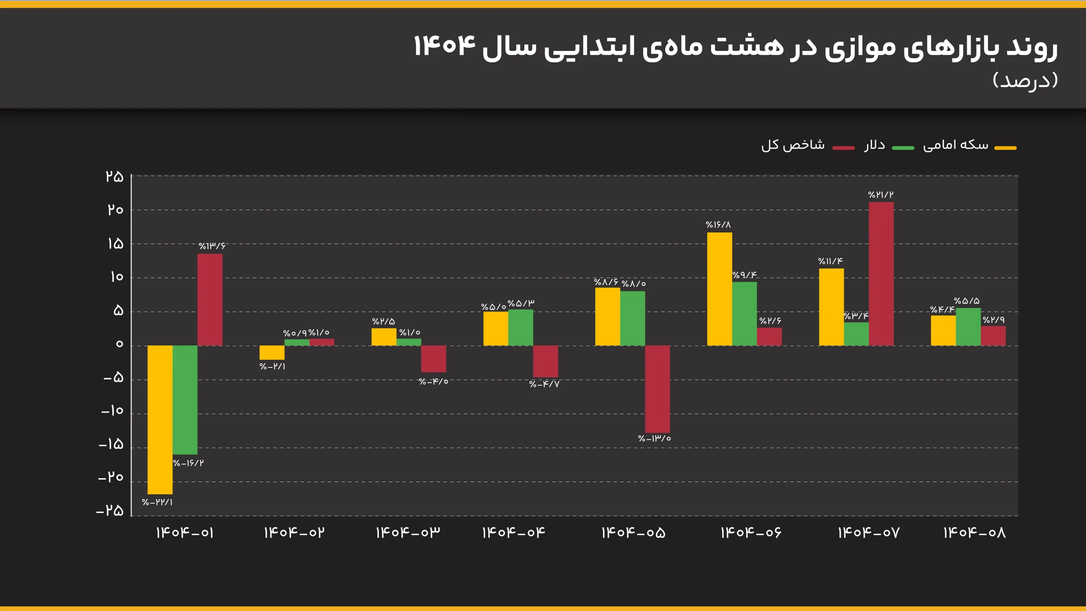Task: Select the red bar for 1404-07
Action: tap(881, 274)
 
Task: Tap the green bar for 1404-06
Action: tap(745, 314)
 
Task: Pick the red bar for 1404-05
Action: tap(658, 389)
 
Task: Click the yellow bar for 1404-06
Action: tap(719, 289)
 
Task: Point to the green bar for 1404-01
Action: tap(185, 400)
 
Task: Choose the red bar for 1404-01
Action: tap(210, 300)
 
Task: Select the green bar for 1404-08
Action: tap(968, 327)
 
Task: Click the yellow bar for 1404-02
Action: tap(272, 353)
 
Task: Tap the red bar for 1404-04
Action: tap(546, 361)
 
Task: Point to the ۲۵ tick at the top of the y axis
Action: tap(115, 177)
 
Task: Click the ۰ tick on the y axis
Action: tap(119, 344)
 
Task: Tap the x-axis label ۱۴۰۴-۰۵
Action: tap(633, 533)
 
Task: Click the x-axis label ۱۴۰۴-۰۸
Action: tap(974, 533)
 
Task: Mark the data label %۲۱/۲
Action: tap(881, 195)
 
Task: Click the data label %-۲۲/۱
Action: tap(157, 502)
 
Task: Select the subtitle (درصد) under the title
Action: tap(1025, 80)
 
